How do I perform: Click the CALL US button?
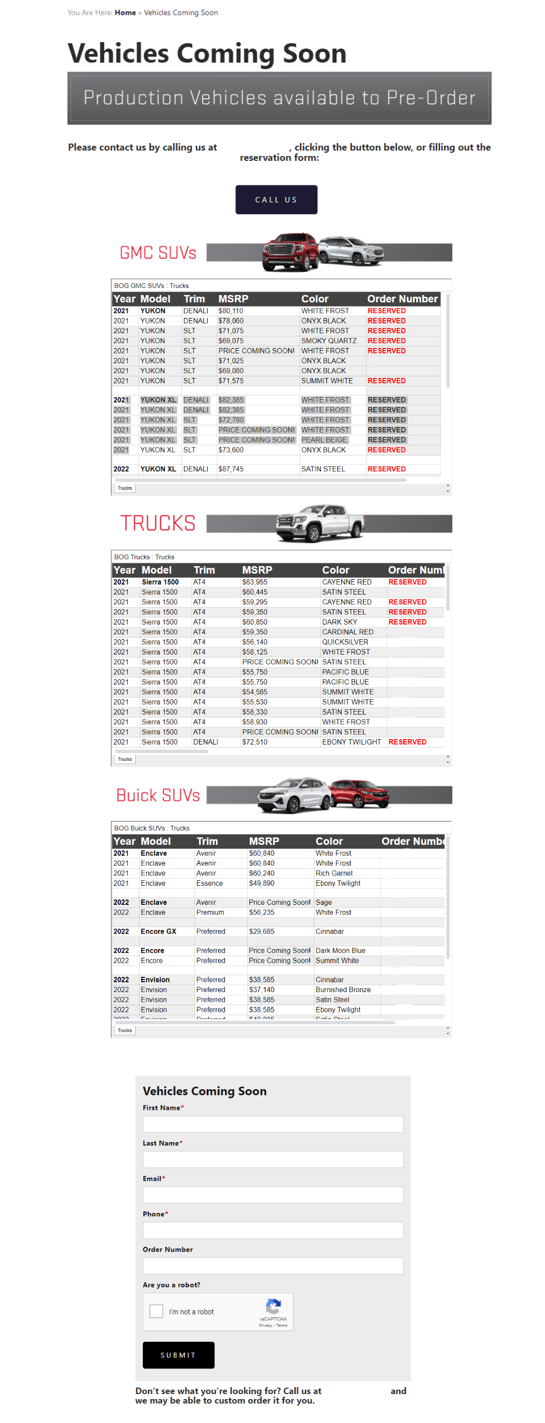pos(276,200)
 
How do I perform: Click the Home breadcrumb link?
pos(125,13)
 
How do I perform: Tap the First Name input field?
pos(273,1124)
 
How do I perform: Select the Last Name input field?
pos(273,1159)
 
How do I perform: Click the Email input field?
pos(273,1194)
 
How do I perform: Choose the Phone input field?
pos(273,1230)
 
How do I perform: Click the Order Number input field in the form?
pos(273,1265)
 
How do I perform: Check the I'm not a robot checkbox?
pos(156,1311)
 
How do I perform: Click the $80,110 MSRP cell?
pos(231,311)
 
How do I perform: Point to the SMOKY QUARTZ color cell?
pos(329,341)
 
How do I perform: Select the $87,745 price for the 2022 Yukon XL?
pos(231,469)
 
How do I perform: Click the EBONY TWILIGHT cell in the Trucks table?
pos(351,742)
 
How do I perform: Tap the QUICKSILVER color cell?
pos(345,642)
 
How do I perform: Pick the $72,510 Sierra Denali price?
pos(255,742)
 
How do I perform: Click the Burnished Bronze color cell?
pos(343,989)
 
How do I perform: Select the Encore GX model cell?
pos(159,932)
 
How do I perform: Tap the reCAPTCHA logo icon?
pos(274,1306)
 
